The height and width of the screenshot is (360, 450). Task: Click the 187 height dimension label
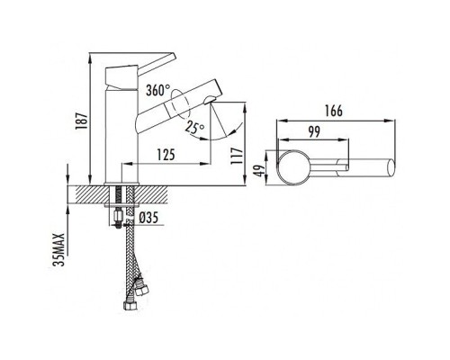click(81, 121)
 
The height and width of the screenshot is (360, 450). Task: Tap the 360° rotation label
click(158, 90)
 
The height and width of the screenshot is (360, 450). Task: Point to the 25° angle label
click(194, 127)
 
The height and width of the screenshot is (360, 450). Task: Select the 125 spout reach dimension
click(166, 155)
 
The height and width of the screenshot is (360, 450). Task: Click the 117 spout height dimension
click(237, 156)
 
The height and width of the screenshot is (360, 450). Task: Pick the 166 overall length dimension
click(333, 111)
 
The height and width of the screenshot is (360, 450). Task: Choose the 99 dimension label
click(314, 131)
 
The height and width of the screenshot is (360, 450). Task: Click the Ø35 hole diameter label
click(148, 217)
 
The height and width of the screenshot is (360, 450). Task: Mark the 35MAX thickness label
click(58, 249)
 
